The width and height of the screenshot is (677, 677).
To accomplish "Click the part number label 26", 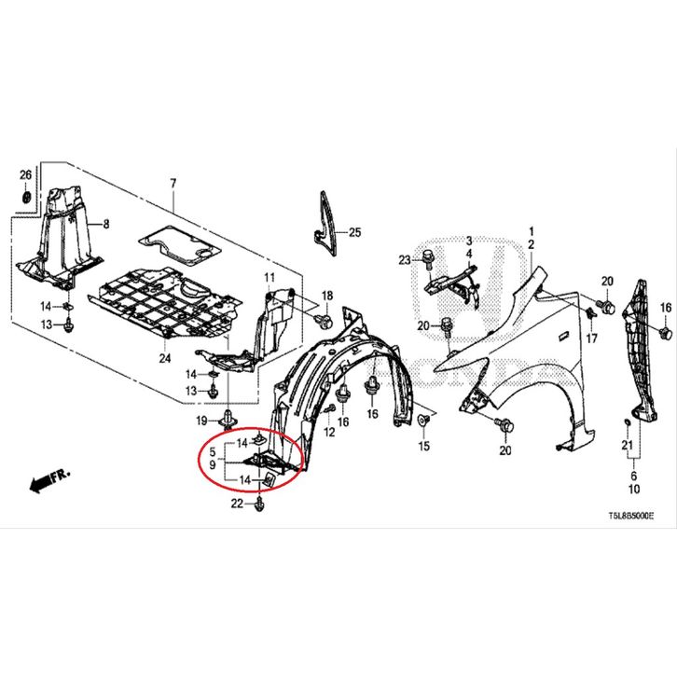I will pos(25,175).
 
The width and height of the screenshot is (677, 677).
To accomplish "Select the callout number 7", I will pos(172,181).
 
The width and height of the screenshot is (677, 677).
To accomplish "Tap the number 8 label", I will pos(105,224).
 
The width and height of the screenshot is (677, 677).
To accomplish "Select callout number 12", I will pos(329,435).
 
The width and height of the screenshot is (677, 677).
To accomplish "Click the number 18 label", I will pos(326,297).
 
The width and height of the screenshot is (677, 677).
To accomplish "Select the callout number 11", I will pos(269,279).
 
